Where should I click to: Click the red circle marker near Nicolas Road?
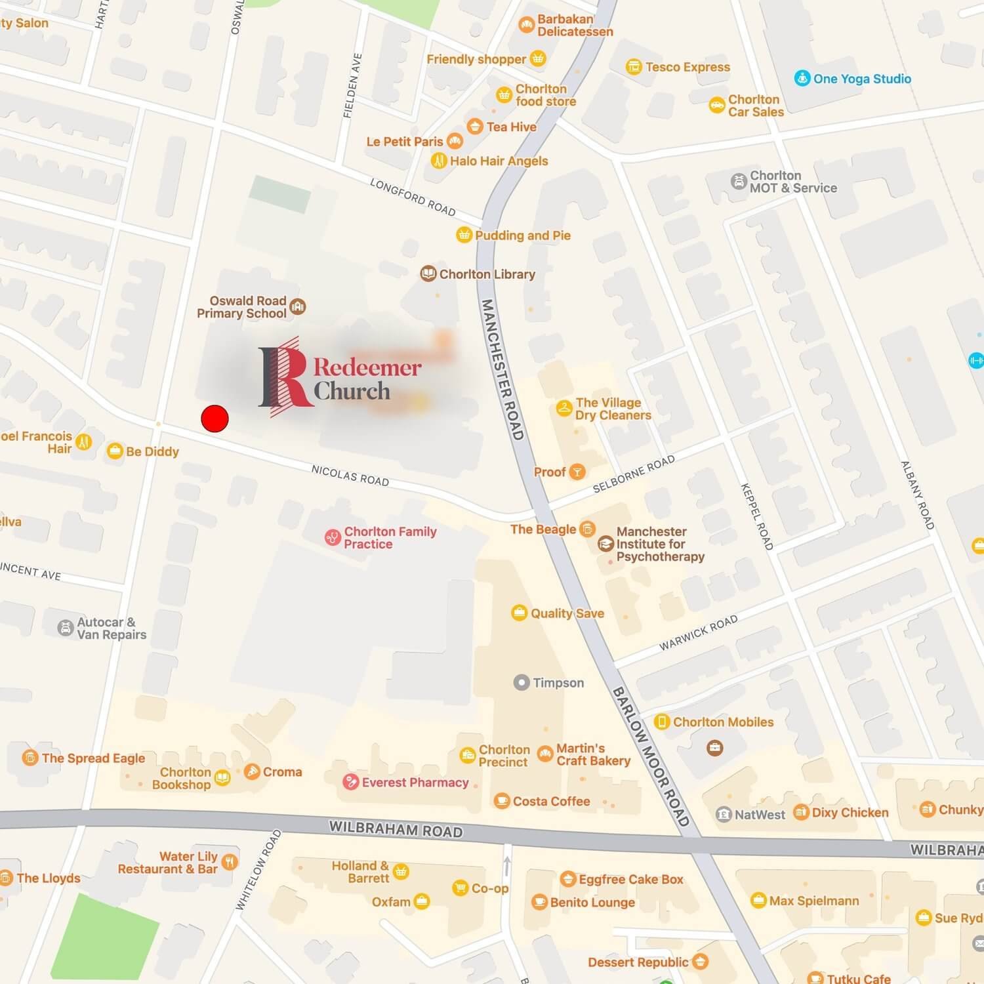click(x=215, y=418)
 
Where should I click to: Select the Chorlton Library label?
click(x=487, y=274)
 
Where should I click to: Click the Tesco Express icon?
click(x=633, y=66)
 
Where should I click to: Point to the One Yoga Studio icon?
click(x=802, y=78)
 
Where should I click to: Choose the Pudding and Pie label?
click(x=523, y=236)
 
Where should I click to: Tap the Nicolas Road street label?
click(x=350, y=475)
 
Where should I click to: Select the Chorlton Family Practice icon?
click(x=333, y=538)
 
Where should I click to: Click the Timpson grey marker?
click(x=521, y=682)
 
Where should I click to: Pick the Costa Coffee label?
click(x=551, y=801)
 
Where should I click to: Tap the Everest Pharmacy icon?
click(x=350, y=782)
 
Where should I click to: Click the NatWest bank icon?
click(x=723, y=814)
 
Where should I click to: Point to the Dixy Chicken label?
click(x=850, y=812)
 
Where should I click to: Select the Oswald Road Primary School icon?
click(x=298, y=306)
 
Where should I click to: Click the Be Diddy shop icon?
click(x=115, y=451)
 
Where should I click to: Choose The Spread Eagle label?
click(x=93, y=758)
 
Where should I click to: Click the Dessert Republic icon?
click(x=700, y=962)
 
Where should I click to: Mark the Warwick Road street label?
click(x=698, y=633)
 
